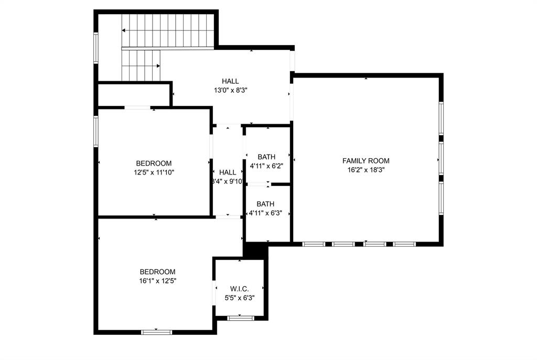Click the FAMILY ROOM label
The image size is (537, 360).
click(x=366, y=161)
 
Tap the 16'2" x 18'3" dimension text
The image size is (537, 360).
click(x=366, y=170)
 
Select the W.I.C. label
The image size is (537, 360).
click(x=239, y=289)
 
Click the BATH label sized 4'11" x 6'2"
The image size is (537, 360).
click(x=266, y=157)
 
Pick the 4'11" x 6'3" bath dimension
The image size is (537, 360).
click(x=266, y=213)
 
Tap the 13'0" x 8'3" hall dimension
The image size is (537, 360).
click(x=230, y=90)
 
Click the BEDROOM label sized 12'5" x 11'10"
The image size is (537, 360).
click(x=154, y=163)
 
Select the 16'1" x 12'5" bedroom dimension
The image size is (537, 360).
click(x=157, y=281)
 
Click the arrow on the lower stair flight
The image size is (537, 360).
click(x=158, y=66)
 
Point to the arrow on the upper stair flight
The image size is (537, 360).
click(x=125, y=31)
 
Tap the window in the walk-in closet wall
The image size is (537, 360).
click(x=241, y=318)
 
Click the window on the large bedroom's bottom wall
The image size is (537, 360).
click(x=157, y=331)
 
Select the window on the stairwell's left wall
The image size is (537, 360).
click(x=96, y=48)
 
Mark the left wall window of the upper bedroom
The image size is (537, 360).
click(x=96, y=130)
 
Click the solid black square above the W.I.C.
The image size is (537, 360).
click(x=255, y=250)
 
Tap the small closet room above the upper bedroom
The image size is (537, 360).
click(x=134, y=94)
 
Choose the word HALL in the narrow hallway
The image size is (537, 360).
click(x=228, y=172)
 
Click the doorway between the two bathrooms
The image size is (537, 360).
click(x=257, y=184)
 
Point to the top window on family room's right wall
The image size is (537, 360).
click(x=441, y=118)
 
